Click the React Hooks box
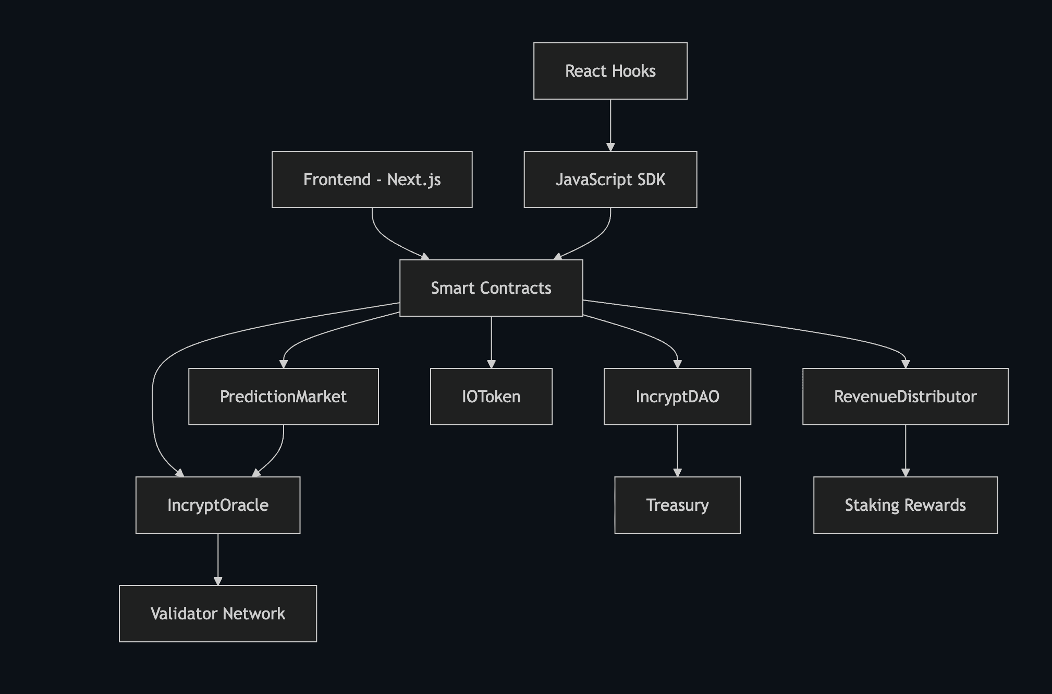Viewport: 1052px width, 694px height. click(x=610, y=71)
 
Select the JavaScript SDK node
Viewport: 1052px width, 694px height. click(x=610, y=180)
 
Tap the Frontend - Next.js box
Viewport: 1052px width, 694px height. click(x=372, y=180)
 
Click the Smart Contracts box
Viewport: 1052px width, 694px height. click(x=491, y=288)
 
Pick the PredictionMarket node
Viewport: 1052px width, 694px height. click(x=283, y=397)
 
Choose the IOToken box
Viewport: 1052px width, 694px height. click(x=491, y=397)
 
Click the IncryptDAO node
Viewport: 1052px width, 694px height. click(x=677, y=397)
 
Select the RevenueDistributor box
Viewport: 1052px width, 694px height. click(x=905, y=397)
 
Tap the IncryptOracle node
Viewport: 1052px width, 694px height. click(x=217, y=505)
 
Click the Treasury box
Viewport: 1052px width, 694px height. click(x=677, y=505)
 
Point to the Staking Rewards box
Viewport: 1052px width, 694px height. click(x=905, y=505)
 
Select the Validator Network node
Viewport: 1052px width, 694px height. click(x=217, y=614)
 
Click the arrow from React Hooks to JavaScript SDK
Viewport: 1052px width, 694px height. click(x=610, y=125)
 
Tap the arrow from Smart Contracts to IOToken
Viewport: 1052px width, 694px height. click(x=491, y=342)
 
